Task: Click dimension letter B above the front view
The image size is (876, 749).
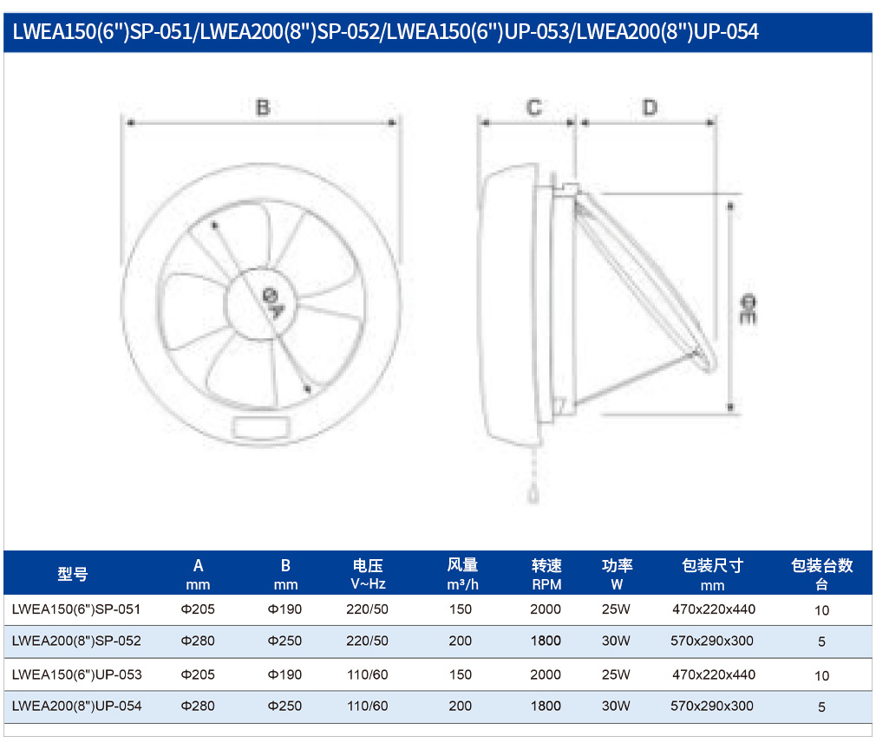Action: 263,107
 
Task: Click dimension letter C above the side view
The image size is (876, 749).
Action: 534,107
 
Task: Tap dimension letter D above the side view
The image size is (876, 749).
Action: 650,107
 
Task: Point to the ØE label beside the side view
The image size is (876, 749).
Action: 748,309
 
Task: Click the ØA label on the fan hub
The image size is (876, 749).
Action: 273,303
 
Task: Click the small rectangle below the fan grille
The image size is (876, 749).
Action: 261,428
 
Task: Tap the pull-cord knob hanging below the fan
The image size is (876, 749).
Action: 533,495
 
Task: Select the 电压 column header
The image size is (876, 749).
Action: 368,575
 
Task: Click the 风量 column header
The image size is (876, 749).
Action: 462,575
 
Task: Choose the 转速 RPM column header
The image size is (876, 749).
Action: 546,575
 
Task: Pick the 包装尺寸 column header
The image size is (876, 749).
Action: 712,575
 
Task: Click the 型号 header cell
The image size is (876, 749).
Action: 73,574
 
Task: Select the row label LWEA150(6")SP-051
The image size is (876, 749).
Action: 76,609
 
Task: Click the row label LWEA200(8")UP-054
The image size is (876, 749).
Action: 76,706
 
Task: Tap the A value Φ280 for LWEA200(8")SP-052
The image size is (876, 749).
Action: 198,641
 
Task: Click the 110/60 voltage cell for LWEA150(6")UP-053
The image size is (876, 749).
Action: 368,674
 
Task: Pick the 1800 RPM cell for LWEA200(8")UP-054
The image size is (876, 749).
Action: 546,706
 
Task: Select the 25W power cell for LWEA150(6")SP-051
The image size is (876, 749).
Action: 616,609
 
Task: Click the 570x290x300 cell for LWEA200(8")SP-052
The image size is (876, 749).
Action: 712,641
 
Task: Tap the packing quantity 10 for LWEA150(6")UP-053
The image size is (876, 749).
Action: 822,676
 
